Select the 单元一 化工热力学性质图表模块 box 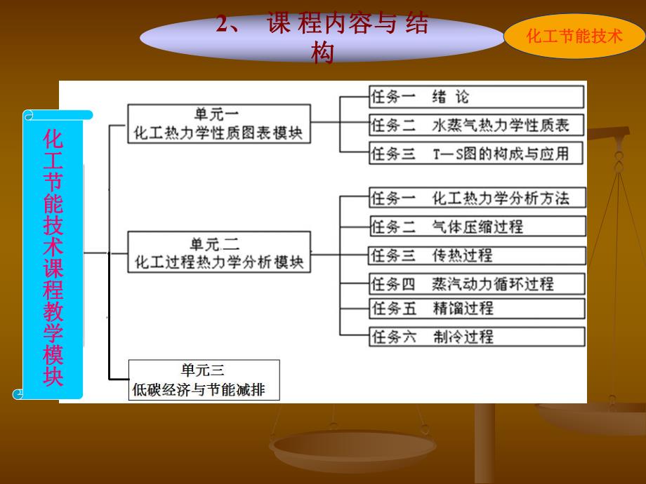tap(218, 124)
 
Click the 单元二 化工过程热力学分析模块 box tap(218, 254)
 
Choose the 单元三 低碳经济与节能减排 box tap(204, 380)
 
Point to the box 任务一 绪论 tap(477, 97)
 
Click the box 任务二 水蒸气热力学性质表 tap(477, 125)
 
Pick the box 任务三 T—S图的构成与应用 tap(477, 154)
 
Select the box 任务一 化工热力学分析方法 tap(477, 198)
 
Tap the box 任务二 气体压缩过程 tap(477, 226)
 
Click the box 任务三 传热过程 tap(477, 255)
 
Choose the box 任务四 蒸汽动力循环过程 tap(477, 283)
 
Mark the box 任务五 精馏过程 tap(477, 308)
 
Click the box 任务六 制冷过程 tap(477, 336)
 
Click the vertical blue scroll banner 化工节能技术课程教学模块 tap(53, 256)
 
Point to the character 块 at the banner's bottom tap(53, 377)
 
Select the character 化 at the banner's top tap(53, 137)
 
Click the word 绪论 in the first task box tap(450, 97)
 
